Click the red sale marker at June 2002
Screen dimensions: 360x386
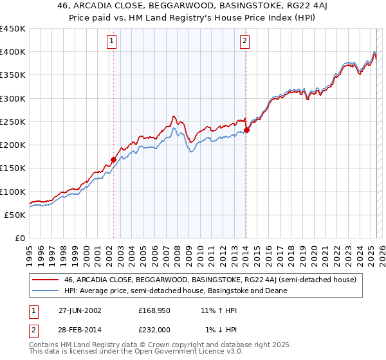(x=114, y=159)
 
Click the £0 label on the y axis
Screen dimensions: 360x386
(x=20, y=238)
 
